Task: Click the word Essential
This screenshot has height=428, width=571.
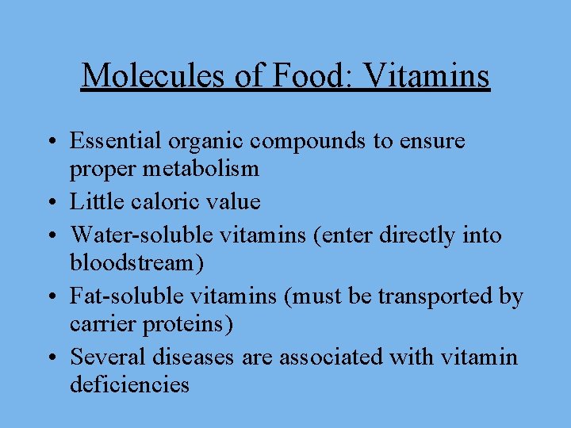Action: tap(116, 141)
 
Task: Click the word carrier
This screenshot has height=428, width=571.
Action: tap(98, 323)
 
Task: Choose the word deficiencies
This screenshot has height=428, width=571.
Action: tap(129, 384)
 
